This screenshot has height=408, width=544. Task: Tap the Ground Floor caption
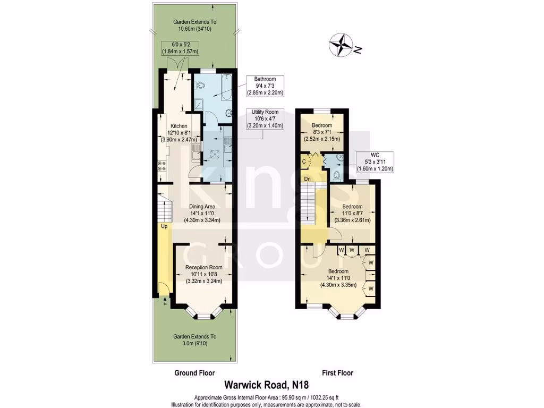pos(194,373)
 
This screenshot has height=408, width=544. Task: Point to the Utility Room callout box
pos(266,119)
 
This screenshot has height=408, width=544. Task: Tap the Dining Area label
pos(202,213)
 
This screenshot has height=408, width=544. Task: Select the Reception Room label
pos(203,274)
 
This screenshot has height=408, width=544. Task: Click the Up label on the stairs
pos(165,226)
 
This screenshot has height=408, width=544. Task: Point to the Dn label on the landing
pos(307,179)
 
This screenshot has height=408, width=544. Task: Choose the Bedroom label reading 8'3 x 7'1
pos(321,132)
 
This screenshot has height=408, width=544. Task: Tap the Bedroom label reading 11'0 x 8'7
pos(352,213)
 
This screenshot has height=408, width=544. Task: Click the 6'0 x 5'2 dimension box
pos(181,48)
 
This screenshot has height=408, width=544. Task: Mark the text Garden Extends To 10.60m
pos(195,25)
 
